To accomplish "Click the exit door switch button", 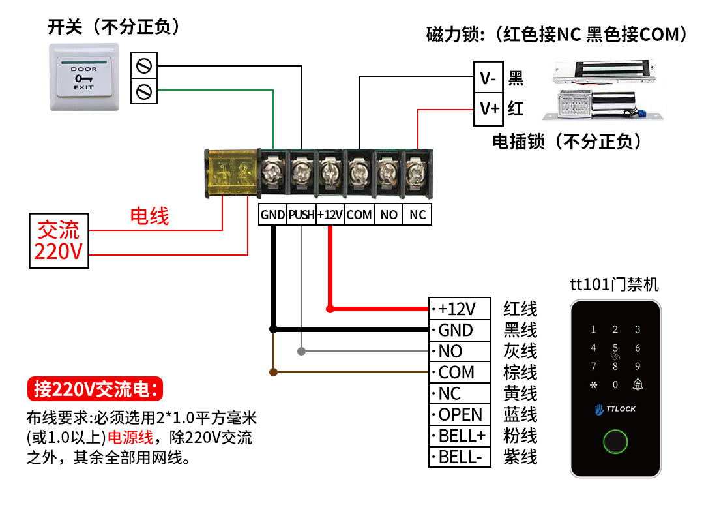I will click(x=84, y=77).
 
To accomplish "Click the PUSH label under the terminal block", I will click(x=302, y=215).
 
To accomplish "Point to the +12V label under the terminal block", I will click(x=330, y=215).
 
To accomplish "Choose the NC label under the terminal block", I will click(x=418, y=215).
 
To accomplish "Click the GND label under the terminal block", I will click(x=272, y=215).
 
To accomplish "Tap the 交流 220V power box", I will click(x=59, y=240).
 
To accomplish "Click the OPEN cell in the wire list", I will click(x=460, y=415).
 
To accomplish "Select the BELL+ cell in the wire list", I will click(x=460, y=436).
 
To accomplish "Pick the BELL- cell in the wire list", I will click(x=460, y=457).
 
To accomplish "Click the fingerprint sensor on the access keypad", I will click(x=615, y=442).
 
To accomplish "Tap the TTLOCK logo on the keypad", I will click(x=615, y=409).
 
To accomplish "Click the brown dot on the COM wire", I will click(x=274, y=372).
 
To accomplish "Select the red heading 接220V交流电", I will click(x=95, y=389).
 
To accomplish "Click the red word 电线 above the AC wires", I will click(x=150, y=216).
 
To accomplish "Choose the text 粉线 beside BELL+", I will click(x=520, y=436).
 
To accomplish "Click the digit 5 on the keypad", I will click(x=615, y=348).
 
